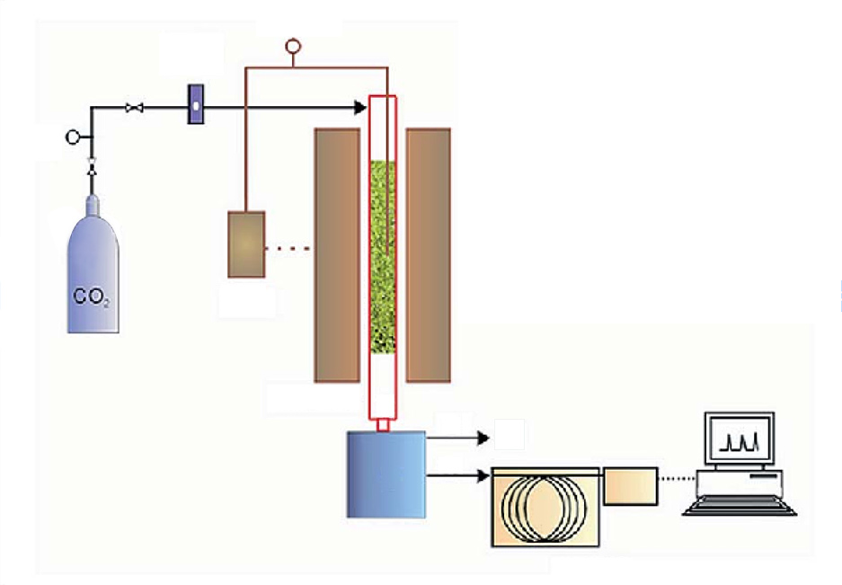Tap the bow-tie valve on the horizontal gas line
coord(136,109)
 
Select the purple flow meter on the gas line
coord(195,104)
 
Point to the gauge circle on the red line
coord(291,44)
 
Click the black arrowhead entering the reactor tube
coord(360,108)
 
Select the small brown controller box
coord(246,244)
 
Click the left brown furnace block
coord(337,254)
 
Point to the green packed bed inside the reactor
coord(383,256)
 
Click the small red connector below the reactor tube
coord(383,425)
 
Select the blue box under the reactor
coord(386,474)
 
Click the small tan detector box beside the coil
coord(631,486)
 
